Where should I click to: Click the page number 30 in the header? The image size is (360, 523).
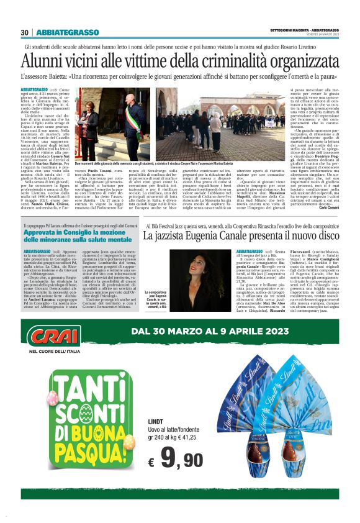[24, 32]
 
